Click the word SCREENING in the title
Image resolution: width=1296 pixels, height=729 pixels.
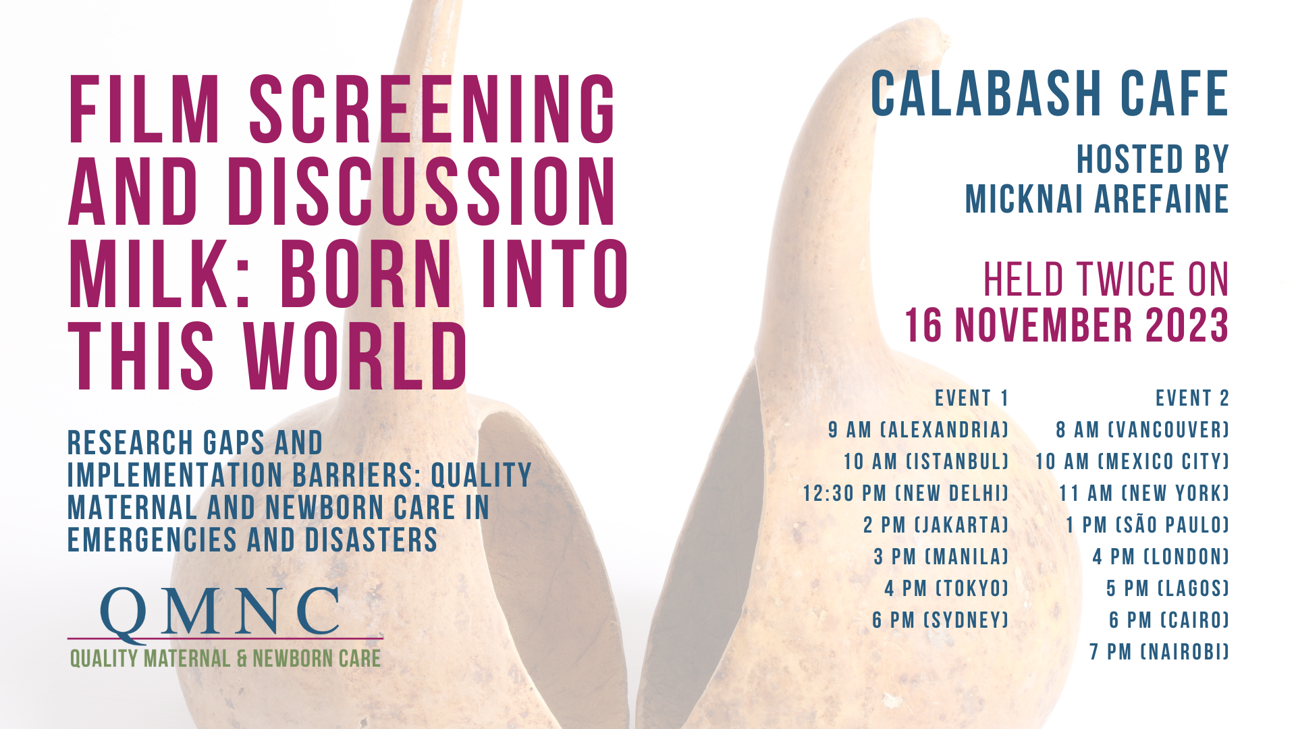432,109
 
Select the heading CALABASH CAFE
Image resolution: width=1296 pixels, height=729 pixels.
1050,93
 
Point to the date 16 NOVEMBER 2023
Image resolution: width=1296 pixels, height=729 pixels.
1066,325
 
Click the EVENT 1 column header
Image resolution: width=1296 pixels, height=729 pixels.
972,398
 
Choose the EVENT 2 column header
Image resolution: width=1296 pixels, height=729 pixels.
1192,398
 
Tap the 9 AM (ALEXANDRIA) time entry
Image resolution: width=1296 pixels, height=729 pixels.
919,430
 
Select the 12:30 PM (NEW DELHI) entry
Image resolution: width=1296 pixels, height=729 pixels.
906,493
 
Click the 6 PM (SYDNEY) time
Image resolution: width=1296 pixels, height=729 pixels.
940,620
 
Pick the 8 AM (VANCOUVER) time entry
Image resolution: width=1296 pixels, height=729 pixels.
1142,430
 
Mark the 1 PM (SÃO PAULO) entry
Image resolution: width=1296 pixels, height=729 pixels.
1147,524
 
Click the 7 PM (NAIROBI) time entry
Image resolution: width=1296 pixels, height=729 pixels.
1159,651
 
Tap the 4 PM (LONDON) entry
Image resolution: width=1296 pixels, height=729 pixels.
1161,556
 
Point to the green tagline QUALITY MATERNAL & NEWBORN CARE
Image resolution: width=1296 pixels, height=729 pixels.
225,658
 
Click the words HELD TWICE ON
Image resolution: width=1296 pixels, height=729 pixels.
1106,279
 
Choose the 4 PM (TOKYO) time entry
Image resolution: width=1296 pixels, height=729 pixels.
946,588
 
